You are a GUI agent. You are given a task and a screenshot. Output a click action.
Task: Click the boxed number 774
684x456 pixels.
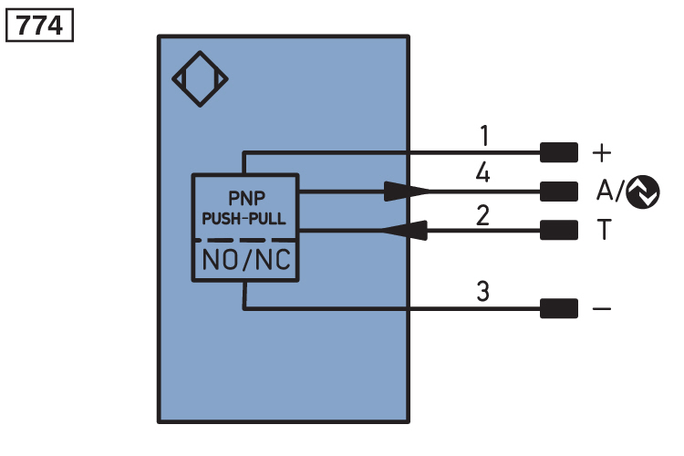[x=39, y=26]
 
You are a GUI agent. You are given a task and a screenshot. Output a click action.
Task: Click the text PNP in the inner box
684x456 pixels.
[x=246, y=199]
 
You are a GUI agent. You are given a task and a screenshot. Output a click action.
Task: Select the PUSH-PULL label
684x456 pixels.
[x=244, y=218]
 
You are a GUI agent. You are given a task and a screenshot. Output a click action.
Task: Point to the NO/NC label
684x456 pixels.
[x=246, y=260]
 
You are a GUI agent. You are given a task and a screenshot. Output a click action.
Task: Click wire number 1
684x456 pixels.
[x=484, y=135]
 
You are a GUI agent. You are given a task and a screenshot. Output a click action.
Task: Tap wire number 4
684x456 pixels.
[x=482, y=172]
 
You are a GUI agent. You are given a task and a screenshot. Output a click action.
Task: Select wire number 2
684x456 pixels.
[x=482, y=215]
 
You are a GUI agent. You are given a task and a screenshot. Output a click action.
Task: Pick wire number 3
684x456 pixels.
[x=482, y=291]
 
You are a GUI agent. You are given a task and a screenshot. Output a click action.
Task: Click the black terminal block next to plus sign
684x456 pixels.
[x=559, y=152]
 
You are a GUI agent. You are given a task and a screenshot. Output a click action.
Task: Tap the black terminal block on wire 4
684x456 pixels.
[x=559, y=192]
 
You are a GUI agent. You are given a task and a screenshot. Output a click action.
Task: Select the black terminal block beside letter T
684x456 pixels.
[x=559, y=230]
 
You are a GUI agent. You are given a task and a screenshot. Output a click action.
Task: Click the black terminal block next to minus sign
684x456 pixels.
[x=559, y=308]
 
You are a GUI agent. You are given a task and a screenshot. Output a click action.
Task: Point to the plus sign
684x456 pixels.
[x=602, y=153]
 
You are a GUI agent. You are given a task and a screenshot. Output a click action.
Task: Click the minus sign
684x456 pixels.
[x=602, y=309]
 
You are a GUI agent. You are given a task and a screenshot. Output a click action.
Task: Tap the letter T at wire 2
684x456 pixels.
[x=605, y=230]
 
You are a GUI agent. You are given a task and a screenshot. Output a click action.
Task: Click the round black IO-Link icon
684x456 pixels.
[x=643, y=192]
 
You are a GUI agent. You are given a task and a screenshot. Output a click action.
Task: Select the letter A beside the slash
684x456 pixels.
[x=605, y=191]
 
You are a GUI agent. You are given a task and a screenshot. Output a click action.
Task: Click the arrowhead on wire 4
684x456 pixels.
[x=407, y=192]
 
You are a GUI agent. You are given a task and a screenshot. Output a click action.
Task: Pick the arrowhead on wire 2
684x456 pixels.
[x=404, y=230]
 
